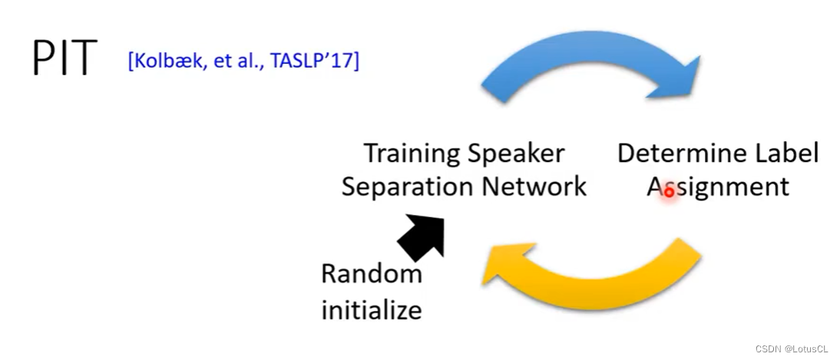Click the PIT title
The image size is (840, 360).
pos(64,58)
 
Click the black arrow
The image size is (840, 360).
pos(422,236)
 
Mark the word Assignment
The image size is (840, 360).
pos(718,187)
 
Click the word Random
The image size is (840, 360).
pos(372,273)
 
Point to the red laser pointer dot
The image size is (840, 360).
pos(668,192)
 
